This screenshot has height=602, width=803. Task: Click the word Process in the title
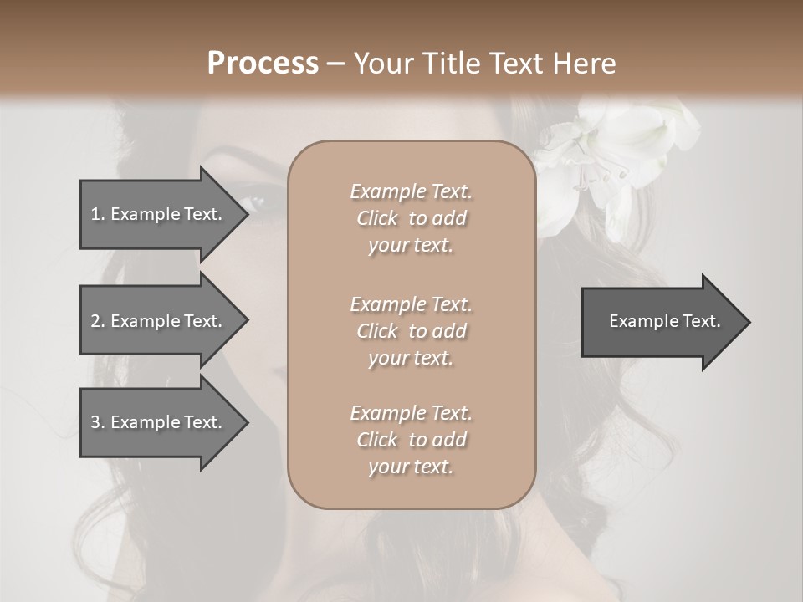click(263, 64)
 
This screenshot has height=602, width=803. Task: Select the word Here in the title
click(585, 64)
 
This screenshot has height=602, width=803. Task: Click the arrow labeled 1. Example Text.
click(159, 214)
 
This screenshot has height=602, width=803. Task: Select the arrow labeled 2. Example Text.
click(159, 321)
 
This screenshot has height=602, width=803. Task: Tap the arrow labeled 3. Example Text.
click(159, 422)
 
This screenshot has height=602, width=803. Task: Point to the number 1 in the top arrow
click(95, 214)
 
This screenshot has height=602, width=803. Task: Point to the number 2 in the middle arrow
click(95, 321)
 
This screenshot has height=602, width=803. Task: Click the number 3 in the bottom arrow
click(95, 422)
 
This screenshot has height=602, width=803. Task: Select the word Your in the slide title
click(381, 64)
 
